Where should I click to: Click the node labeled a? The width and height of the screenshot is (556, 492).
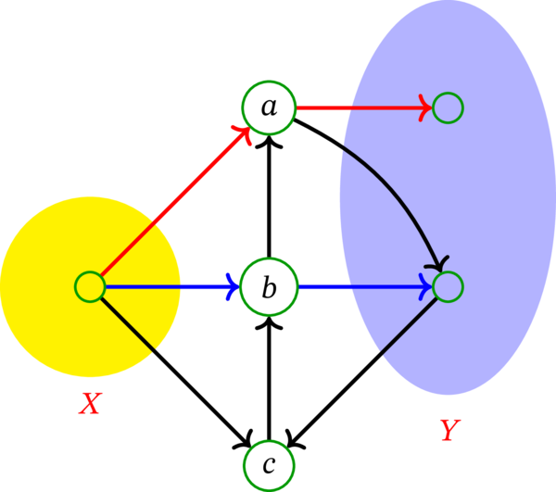click(x=269, y=107)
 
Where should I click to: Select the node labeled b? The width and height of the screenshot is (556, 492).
click(x=269, y=287)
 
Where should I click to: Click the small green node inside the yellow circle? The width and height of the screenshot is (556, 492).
click(x=90, y=287)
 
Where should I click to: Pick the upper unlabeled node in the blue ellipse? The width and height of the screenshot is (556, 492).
click(x=448, y=107)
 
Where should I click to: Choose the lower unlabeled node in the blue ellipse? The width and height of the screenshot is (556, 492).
click(x=448, y=287)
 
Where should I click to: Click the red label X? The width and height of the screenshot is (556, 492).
click(x=90, y=404)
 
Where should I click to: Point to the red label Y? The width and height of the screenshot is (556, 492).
click(x=449, y=430)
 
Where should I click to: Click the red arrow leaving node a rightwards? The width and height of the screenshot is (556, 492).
click(x=361, y=107)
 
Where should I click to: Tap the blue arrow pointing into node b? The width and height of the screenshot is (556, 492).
click(x=167, y=287)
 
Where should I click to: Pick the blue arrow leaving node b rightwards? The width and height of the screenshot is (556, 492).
click(x=361, y=287)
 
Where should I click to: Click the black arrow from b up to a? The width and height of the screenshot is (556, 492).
click(x=269, y=199)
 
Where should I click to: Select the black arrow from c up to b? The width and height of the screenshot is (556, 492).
click(x=269, y=380)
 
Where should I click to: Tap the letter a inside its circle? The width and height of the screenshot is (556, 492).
click(x=269, y=108)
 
